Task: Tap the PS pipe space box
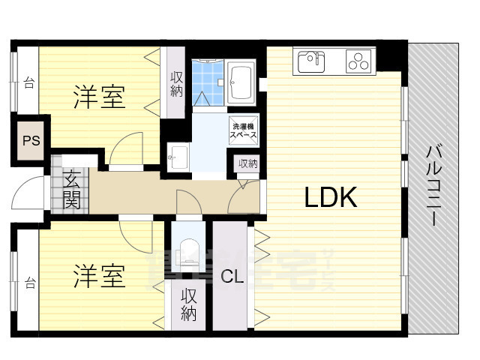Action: [x=31, y=140]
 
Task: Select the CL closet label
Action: [x=232, y=276]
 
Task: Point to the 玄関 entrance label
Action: [x=72, y=190]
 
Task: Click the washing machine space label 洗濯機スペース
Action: [x=244, y=132]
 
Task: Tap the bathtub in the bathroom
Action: [x=242, y=80]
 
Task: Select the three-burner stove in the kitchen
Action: [x=361, y=61]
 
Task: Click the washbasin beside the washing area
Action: [x=178, y=157]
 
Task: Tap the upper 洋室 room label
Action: [x=99, y=96]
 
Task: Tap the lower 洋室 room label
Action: [x=98, y=277]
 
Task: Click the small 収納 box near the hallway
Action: [x=248, y=163]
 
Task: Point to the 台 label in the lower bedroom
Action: [x=29, y=283]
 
